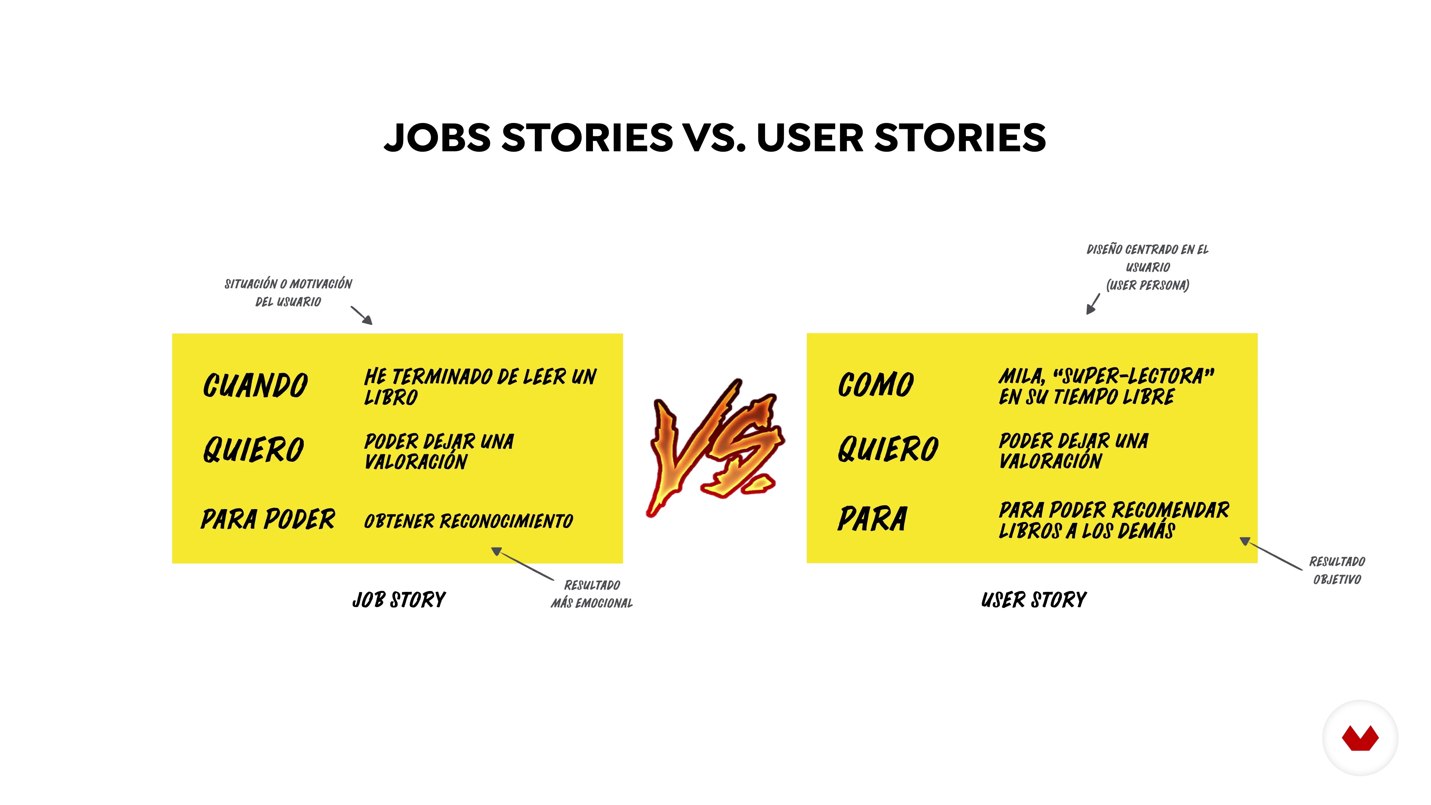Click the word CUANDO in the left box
click(x=255, y=385)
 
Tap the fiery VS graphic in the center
click(x=715, y=447)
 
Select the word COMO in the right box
click(x=875, y=385)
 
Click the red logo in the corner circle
click(x=1360, y=738)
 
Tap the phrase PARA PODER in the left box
click(x=268, y=519)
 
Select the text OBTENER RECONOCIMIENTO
click(x=468, y=521)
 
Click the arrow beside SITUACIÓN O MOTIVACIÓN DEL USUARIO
click(x=361, y=315)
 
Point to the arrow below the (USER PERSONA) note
click(x=1093, y=304)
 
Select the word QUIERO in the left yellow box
click(x=253, y=449)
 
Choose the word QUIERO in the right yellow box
click(x=888, y=449)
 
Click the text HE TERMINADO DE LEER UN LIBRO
click(x=480, y=387)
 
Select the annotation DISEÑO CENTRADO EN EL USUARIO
click(x=1148, y=258)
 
